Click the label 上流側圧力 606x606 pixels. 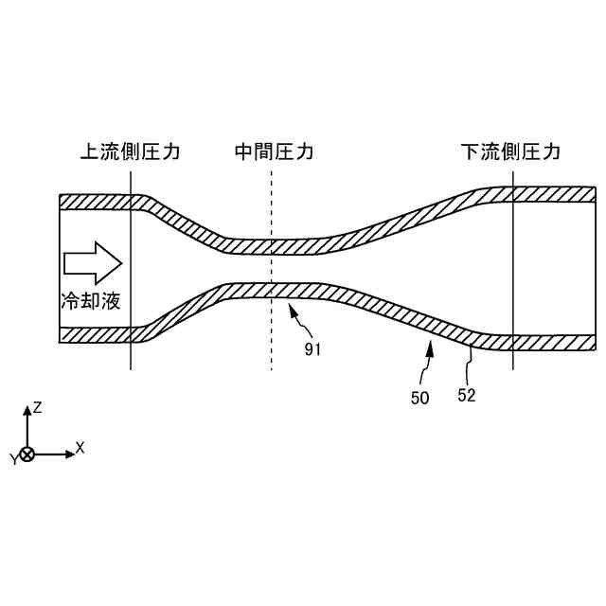pyautogui.click(x=130, y=151)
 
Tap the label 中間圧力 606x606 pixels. pyautogui.click(x=274, y=151)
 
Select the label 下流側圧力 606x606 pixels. pyautogui.click(x=510, y=151)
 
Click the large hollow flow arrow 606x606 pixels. pyautogui.click(x=93, y=262)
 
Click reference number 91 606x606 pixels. pyautogui.click(x=313, y=349)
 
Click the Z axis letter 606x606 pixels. pyautogui.click(x=37, y=407)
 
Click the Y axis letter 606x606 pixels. pyautogui.click(x=13, y=459)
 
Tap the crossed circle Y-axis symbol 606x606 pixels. pyautogui.click(x=27, y=454)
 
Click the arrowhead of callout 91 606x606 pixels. pyautogui.click(x=293, y=309)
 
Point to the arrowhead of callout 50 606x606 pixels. pyautogui.click(x=430, y=348)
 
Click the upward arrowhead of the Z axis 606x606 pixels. pyautogui.click(x=27, y=411)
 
